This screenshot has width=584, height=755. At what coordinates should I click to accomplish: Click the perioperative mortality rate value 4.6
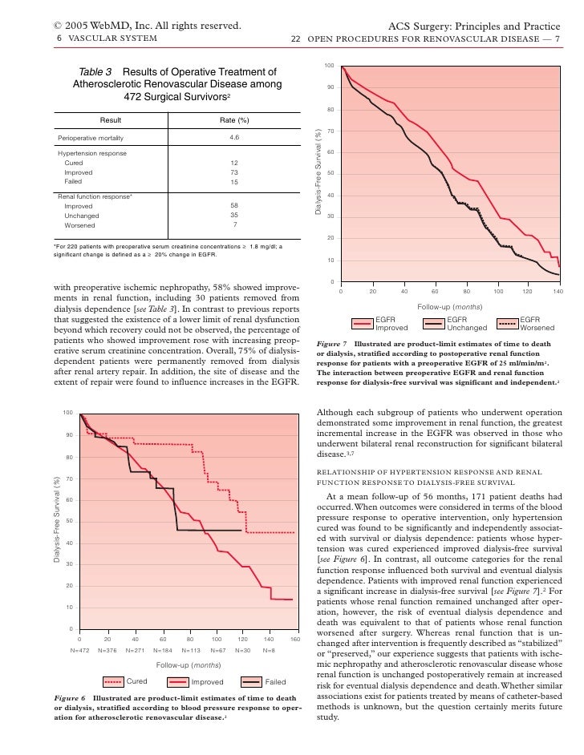(x=234, y=137)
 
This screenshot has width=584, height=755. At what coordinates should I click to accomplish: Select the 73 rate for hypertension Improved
(x=234, y=172)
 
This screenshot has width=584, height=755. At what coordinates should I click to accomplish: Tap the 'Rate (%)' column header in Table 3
(x=234, y=120)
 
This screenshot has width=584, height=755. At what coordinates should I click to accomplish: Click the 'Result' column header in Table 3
(x=111, y=120)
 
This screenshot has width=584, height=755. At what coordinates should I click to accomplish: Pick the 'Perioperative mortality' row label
(x=89, y=137)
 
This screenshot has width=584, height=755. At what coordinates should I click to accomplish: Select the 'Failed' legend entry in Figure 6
(x=275, y=682)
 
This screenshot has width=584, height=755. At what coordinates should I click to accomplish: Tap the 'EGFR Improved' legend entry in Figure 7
(x=391, y=325)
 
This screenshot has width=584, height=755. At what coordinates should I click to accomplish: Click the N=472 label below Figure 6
(x=79, y=650)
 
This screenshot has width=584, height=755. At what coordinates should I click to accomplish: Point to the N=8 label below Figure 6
(x=268, y=650)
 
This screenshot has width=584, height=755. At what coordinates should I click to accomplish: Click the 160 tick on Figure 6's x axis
(x=294, y=639)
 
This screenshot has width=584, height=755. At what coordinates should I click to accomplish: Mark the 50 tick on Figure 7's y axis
(x=330, y=174)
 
